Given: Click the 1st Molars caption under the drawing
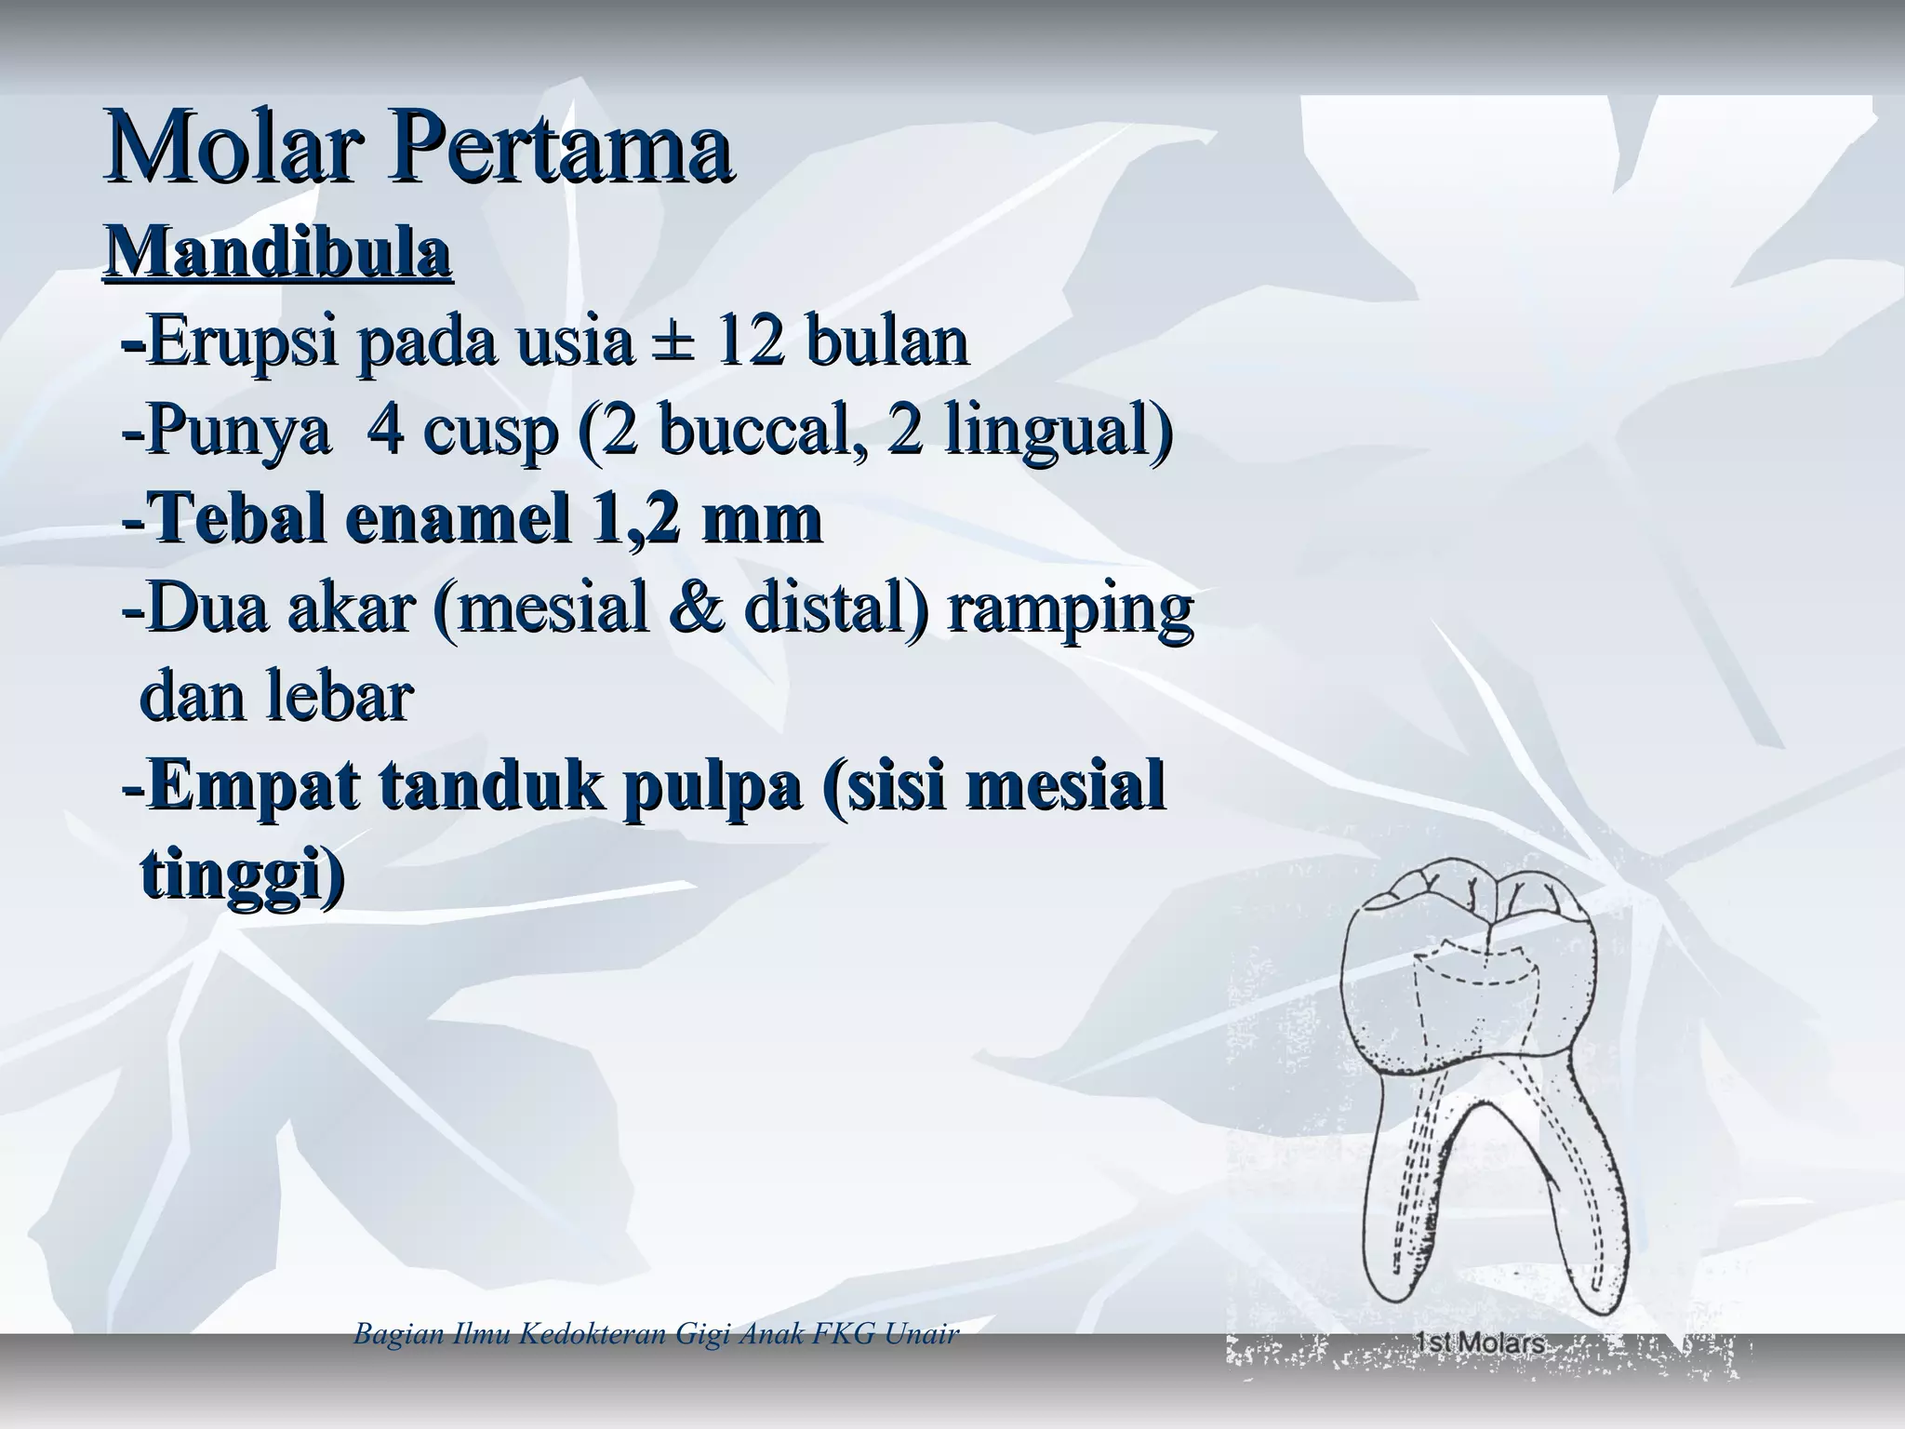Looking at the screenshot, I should coord(1480,1344).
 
